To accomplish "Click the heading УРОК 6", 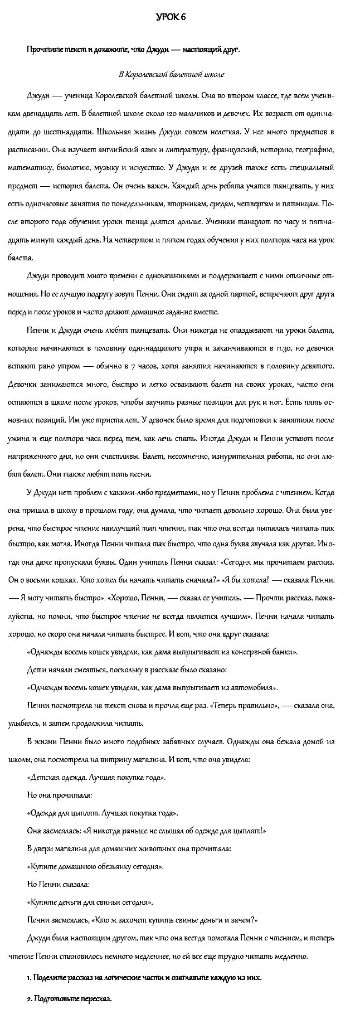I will [x=170, y=18].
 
